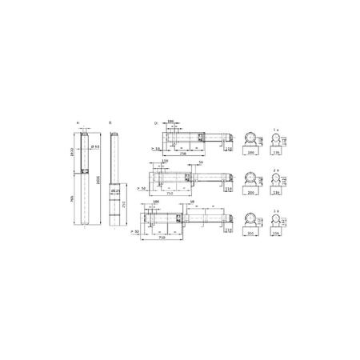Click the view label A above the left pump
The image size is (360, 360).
click(78, 123)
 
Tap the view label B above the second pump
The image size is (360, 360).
click(110, 123)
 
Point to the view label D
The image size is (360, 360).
click(156, 123)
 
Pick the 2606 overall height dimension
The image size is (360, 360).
click(101, 180)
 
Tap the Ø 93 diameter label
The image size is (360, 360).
click(94, 146)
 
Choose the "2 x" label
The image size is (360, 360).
click(276, 171)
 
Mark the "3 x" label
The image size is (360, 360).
click(276, 210)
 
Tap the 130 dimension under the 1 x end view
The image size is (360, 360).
click(276, 151)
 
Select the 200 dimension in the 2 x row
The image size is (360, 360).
click(250, 193)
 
